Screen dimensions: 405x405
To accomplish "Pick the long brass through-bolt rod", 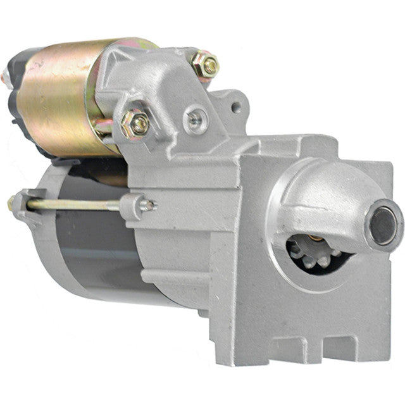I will tap(76, 204).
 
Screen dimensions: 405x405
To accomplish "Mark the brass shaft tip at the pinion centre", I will tap(313, 239).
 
